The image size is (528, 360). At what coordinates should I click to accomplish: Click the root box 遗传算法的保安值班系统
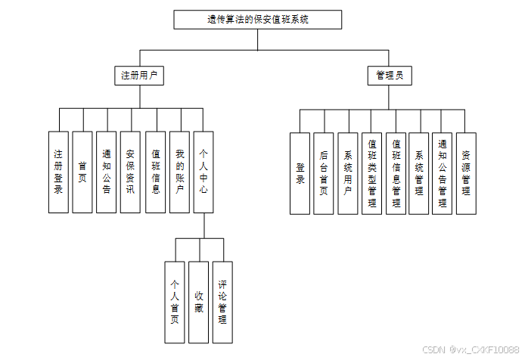point(257,20)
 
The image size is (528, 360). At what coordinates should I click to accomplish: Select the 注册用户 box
point(138,76)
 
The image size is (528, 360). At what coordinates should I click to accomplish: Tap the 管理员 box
point(390,76)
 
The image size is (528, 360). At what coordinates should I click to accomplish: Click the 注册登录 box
point(57,172)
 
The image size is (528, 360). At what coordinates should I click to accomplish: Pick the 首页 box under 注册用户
point(82,172)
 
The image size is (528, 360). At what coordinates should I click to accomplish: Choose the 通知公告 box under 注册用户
point(106,172)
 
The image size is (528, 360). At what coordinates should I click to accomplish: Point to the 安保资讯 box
point(130,172)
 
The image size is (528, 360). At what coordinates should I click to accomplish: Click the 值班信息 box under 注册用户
point(155,172)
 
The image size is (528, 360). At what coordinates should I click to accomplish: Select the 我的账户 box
point(179,172)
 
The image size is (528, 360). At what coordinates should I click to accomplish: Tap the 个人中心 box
point(203,172)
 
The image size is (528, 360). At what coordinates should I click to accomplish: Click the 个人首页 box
point(175,302)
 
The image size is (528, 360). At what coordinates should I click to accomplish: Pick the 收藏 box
point(198,302)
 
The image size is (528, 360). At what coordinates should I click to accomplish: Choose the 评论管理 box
point(222,302)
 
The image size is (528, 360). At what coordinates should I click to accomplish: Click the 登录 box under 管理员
point(300,173)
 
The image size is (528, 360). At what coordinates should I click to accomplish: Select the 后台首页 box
point(324,173)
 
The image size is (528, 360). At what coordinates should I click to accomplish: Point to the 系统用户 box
point(348,173)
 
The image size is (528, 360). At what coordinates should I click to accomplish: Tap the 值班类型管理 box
point(371,173)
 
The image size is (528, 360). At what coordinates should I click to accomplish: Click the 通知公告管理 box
point(443,173)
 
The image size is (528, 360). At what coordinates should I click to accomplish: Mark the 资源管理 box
point(467,173)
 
